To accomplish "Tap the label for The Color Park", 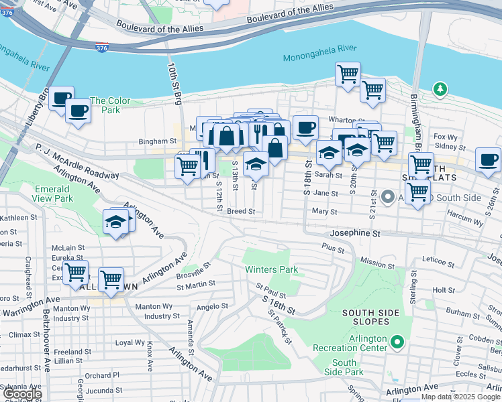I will (x=110, y=106).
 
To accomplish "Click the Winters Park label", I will (x=271, y=270).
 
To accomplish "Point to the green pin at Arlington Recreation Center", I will (x=397, y=342).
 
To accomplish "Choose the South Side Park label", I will (x=344, y=367).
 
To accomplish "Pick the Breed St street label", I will (x=241, y=211).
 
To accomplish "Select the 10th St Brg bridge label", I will (x=174, y=83).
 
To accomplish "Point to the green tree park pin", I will (x=440, y=88).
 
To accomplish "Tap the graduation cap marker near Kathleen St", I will (x=116, y=223).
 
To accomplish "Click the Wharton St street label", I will (x=346, y=121).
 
